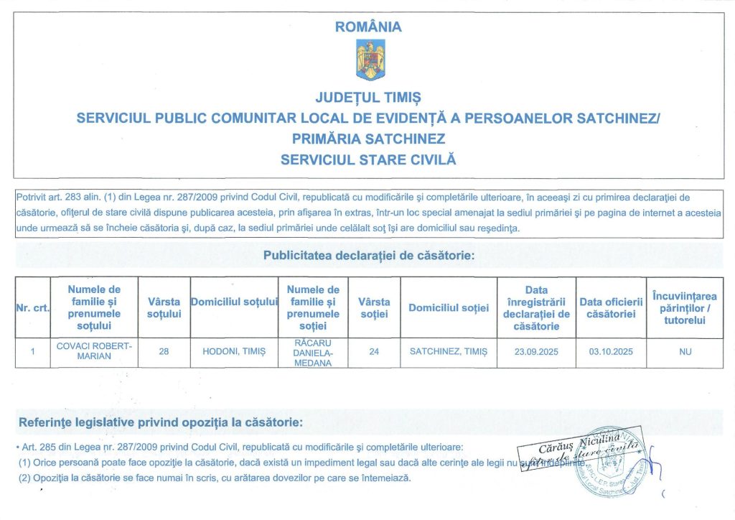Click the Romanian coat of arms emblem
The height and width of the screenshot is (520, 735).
(x=370, y=60)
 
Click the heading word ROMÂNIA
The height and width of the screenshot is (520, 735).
(x=368, y=27)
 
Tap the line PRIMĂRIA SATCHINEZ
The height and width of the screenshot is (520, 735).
(x=368, y=138)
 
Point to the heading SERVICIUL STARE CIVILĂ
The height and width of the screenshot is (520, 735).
(x=368, y=159)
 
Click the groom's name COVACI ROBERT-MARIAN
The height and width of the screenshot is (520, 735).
(x=94, y=351)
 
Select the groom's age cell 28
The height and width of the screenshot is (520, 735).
(x=164, y=352)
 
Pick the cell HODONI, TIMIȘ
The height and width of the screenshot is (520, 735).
(x=234, y=352)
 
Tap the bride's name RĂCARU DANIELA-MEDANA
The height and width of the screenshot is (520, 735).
(x=313, y=352)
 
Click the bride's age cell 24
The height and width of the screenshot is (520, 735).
(x=374, y=352)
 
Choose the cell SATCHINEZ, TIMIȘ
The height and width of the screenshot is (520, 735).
(x=449, y=352)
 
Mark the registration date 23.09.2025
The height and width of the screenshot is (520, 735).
(x=536, y=352)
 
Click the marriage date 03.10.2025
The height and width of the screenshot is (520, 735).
(x=611, y=352)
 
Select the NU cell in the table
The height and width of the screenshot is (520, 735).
(x=685, y=352)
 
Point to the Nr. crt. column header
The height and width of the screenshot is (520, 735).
(x=32, y=308)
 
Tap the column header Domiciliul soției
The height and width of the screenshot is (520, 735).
(x=449, y=308)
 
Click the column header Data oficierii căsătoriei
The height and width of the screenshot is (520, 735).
(x=611, y=308)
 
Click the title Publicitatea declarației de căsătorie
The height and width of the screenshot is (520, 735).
(x=368, y=255)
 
